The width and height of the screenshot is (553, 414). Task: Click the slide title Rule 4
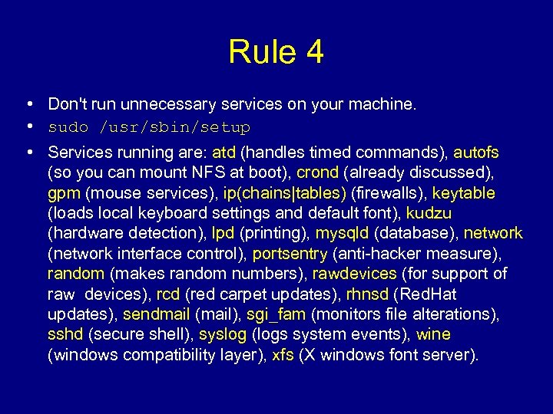coord(276,52)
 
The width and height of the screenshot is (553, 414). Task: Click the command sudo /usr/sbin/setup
coord(149,127)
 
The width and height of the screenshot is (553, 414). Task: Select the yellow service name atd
coord(224,152)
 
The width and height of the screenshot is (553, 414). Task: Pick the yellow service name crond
coord(318,172)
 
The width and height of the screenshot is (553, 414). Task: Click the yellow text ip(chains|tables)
coord(285,192)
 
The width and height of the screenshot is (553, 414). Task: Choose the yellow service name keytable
coord(464,192)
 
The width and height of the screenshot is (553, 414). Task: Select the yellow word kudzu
coord(429,213)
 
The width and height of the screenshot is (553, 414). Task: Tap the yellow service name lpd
coord(225,233)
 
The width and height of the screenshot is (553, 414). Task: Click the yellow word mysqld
coord(343,233)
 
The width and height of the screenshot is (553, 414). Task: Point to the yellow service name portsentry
coord(290,254)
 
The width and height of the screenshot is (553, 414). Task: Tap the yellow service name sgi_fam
coord(276,314)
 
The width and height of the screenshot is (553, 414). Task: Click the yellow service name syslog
coord(223,335)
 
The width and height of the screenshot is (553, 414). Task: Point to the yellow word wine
coord(433,335)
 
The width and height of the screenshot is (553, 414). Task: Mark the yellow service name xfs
coord(283,356)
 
